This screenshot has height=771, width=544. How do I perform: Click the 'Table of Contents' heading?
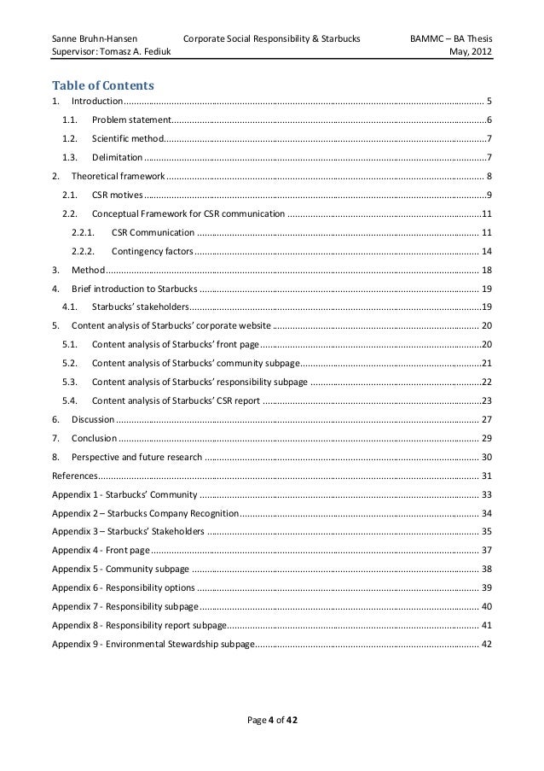pos(102,85)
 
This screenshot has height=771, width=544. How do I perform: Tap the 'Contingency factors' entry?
pos(153,251)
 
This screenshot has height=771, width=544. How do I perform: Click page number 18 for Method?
pos(486,270)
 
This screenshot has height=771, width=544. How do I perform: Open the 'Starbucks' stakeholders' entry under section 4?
pos(140,307)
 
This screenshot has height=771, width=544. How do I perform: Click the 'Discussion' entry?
pos(93,419)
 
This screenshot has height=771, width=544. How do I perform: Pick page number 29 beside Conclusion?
pos(486,438)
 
